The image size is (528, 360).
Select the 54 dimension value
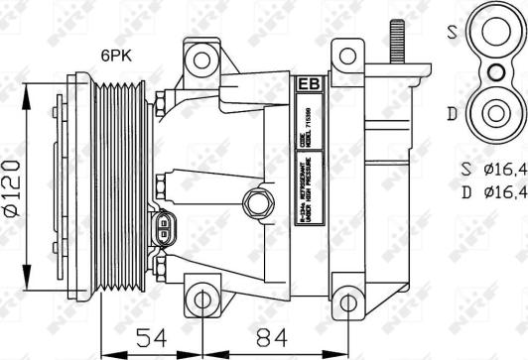click(x=152, y=338)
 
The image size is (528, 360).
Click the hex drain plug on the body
click(x=260, y=204)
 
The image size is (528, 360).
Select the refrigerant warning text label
click(x=312, y=198)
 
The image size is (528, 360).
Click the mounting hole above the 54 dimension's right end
click(x=201, y=300)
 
